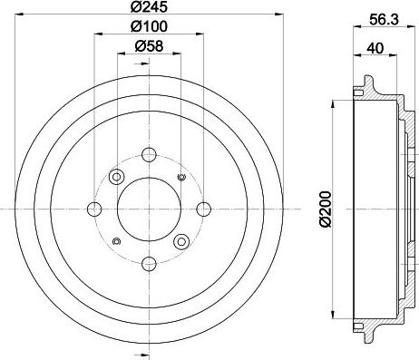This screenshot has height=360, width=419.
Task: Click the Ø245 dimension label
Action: click(149, 6)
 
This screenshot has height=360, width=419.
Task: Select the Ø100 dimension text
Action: click(149, 26)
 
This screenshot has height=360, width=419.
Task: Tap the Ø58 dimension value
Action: click(149, 46)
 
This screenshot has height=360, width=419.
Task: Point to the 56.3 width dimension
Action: click(384, 20)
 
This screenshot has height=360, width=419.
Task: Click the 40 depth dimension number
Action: click(375, 48)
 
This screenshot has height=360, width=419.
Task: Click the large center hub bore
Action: click(149, 209)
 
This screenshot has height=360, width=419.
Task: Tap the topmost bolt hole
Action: click(149, 155)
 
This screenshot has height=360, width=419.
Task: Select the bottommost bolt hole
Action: click(149, 264)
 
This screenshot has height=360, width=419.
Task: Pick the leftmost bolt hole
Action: click(94, 209)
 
